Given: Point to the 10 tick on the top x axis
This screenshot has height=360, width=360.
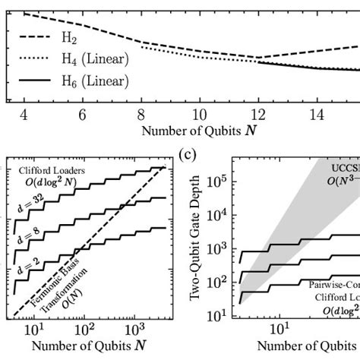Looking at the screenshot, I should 197,113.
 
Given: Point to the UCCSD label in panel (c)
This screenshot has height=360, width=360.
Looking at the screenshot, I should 342,168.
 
